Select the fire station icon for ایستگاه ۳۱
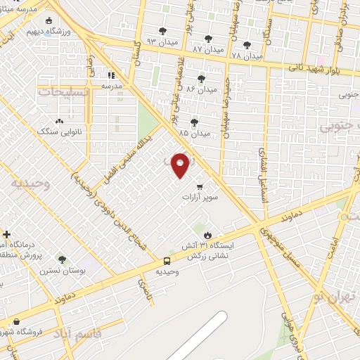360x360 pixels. [207, 236]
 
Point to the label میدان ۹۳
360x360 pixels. [157, 41]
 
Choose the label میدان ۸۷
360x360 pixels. [207, 49]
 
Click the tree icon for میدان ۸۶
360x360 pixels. [202, 78]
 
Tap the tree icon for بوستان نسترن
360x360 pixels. [62, 259]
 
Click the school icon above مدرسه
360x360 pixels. [111, 75]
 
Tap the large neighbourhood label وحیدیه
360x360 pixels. [30, 184]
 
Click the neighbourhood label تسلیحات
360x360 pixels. [64, 92]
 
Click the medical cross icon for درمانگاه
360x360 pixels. [6, 234]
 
